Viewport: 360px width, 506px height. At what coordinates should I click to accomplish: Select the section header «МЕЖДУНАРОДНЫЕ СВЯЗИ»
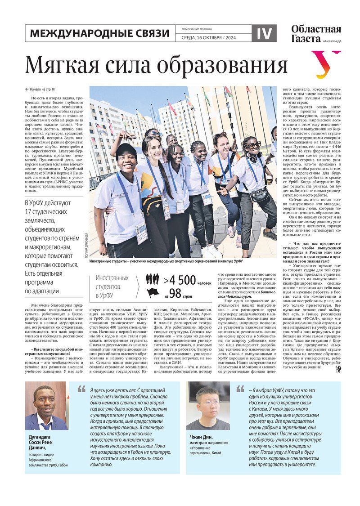99,33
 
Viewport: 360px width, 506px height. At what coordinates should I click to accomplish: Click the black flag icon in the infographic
153,293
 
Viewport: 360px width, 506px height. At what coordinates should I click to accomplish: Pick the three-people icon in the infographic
153,279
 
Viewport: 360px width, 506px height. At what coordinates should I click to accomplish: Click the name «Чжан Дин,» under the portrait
198,436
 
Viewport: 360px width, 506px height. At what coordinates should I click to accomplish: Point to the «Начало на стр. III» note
42,89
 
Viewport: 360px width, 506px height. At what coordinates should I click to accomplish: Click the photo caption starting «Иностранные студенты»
166,261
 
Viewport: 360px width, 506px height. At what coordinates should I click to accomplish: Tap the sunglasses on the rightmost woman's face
253,145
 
